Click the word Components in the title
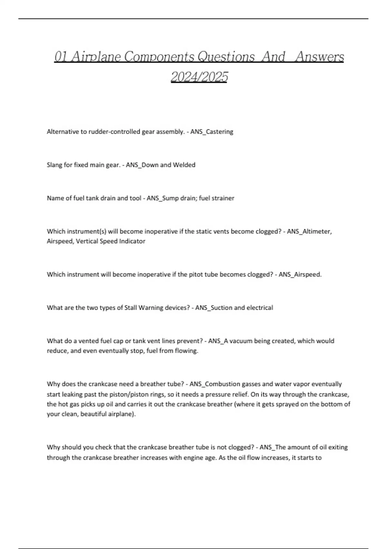pyautogui.click(x=159, y=57)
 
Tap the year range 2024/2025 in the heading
pyautogui.click(x=199, y=77)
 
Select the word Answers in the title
pyautogui.click(x=319, y=57)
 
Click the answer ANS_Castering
pyautogui.click(x=212, y=132)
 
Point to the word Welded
pyautogui.click(x=184, y=165)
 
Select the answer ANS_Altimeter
pyautogui.click(x=309, y=232)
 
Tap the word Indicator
pyautogui.click(x=132, y=241)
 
